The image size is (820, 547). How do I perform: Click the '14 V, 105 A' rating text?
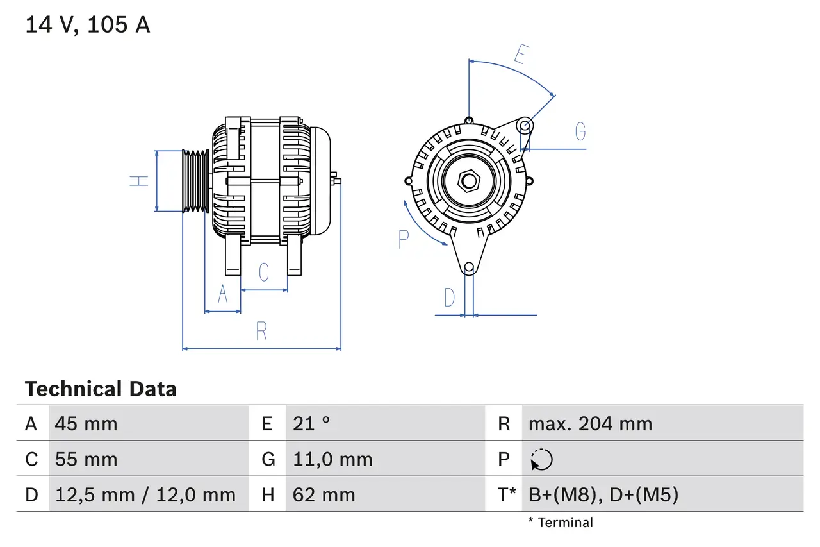pos(88,25)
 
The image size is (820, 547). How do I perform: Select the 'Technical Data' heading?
pos(101,389)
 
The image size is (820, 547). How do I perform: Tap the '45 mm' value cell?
pos(86,423)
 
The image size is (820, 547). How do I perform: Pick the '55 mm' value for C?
pos(86,459)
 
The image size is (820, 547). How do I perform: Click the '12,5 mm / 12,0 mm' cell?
pos(145,494)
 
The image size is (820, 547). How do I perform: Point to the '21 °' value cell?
pos(311,423)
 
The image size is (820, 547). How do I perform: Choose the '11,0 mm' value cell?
pos(332,459)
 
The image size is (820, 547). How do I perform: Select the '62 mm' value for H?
pos(324,494)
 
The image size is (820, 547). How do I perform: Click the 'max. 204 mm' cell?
pos(590,423)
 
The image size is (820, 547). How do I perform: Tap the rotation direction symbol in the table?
pos(541,460)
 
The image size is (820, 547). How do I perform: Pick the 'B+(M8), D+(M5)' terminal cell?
pos(603,494)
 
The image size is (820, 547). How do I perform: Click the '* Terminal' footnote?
pos(561,523)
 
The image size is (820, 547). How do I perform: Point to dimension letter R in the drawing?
pos(261,332)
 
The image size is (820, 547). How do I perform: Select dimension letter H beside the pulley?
pos(139,181)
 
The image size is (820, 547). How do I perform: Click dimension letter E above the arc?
pos(520,55)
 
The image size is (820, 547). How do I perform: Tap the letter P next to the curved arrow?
pos(403,239)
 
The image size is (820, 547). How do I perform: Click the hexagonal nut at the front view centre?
pos(469,181)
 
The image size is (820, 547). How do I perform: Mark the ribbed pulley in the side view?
pos(195,181)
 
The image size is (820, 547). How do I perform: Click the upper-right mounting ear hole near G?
pos(524,124)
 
